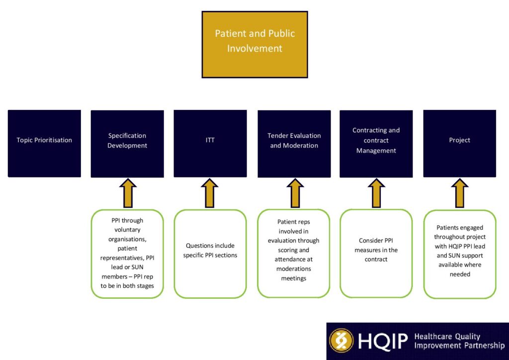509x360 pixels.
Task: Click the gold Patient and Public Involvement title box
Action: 254,44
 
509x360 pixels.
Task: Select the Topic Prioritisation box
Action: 44,143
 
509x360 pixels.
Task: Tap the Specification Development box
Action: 127,143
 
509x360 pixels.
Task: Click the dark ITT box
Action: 210,143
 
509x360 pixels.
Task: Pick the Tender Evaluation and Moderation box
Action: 294,143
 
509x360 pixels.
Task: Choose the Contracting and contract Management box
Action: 376,143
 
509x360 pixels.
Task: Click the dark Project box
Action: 459,143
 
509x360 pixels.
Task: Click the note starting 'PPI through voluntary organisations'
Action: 127,254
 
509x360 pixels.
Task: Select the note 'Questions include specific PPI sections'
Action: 210,254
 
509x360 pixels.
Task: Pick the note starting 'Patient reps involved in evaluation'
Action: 294,254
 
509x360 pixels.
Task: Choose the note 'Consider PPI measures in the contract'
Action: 376,254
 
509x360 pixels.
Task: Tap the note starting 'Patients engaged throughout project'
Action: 460,254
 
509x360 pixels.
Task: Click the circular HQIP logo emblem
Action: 341,341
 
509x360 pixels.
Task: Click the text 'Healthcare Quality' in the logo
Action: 447,337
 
